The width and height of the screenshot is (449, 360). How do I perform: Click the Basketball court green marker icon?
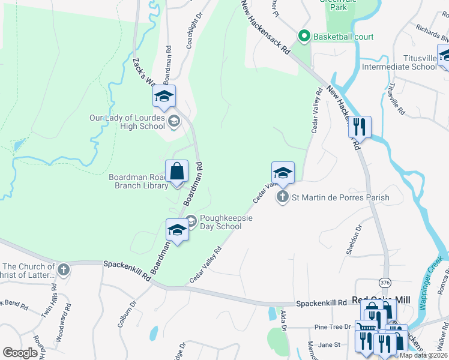coord(304,37)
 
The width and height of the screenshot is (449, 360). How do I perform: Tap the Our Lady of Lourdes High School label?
coord(127,122)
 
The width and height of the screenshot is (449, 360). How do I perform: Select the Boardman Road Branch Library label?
coord(138,181)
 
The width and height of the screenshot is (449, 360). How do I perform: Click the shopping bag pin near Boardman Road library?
coord(177,172)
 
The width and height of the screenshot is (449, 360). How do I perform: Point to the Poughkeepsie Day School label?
coord(221,222)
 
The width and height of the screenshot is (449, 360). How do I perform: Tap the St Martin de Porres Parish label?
coord(340,197)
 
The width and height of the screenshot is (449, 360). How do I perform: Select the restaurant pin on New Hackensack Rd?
coord(360,127)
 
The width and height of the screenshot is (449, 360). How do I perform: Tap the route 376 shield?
coord(385,281)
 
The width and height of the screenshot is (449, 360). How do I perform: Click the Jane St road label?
coord(329,344)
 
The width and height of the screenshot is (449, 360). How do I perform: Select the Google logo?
coord(20,353)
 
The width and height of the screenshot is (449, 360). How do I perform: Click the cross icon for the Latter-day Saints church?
coord(64,270)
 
